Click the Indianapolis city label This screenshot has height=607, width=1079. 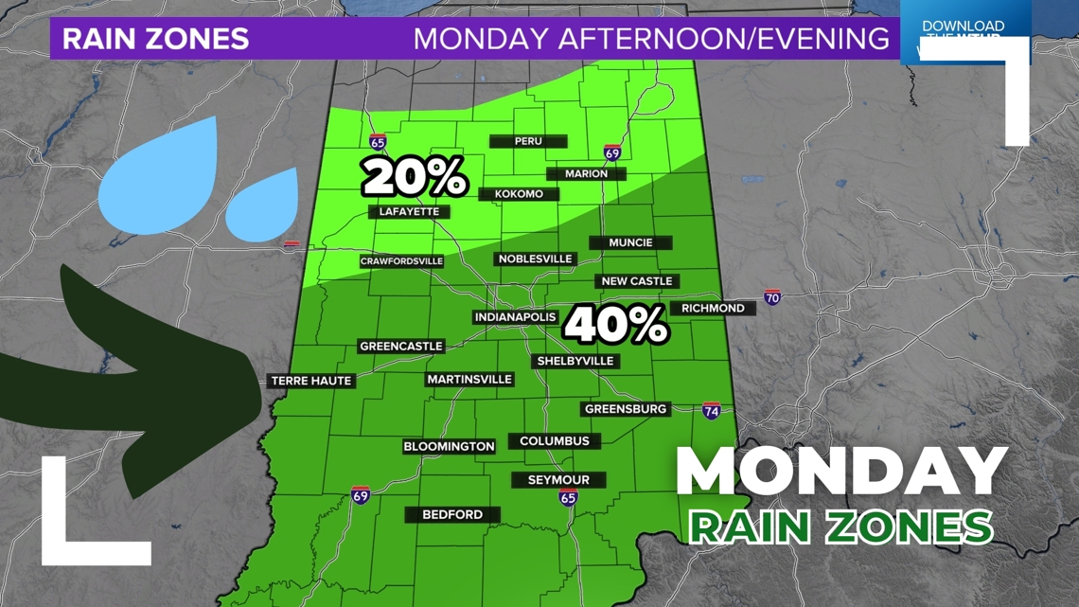515,317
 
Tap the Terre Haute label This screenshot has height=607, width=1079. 311,381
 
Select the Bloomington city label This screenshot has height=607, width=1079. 449,446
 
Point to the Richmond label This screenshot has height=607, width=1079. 713,308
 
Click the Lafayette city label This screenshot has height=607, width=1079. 409,211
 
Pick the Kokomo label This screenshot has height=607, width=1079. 519,194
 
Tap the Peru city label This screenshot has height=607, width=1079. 528,141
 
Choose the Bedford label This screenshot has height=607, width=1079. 452,514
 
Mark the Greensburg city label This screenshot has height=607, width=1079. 626,409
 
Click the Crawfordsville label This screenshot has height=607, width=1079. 401,261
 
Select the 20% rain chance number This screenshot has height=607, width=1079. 415,177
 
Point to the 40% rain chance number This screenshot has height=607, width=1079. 616,325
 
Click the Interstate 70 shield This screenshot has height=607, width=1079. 772,297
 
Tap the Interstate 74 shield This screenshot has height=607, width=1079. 711,410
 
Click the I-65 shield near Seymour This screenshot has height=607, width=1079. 567,498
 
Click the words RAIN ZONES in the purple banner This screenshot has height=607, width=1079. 155,39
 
